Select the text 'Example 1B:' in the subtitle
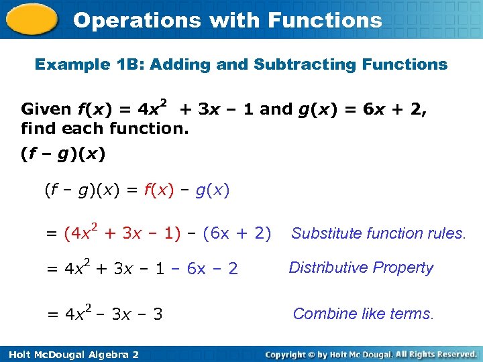point(90,64)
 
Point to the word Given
point(46,109)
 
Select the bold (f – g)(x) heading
point(63,154)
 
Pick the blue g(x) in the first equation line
point(212,190)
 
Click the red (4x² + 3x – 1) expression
point(123,233)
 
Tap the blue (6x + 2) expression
point(236,233)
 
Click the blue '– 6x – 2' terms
point(205,269)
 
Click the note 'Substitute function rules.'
point(378,234)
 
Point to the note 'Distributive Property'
point(361,268)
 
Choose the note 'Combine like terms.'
point(364,314)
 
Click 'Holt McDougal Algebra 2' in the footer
point(70,353)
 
